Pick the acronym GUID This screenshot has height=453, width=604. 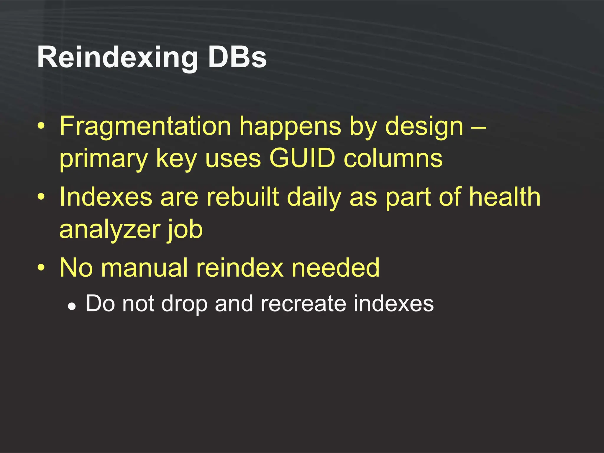(x=302, y=158)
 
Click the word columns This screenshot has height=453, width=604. (x=393, y=158)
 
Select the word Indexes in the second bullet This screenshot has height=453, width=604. (x=106, y=197)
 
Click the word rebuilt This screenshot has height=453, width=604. (x=242, y=197)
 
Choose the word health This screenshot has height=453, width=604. (x=505, y=197)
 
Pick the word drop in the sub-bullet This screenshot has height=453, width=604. (x=184, y=304)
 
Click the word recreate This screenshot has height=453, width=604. (x=303, y=303)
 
